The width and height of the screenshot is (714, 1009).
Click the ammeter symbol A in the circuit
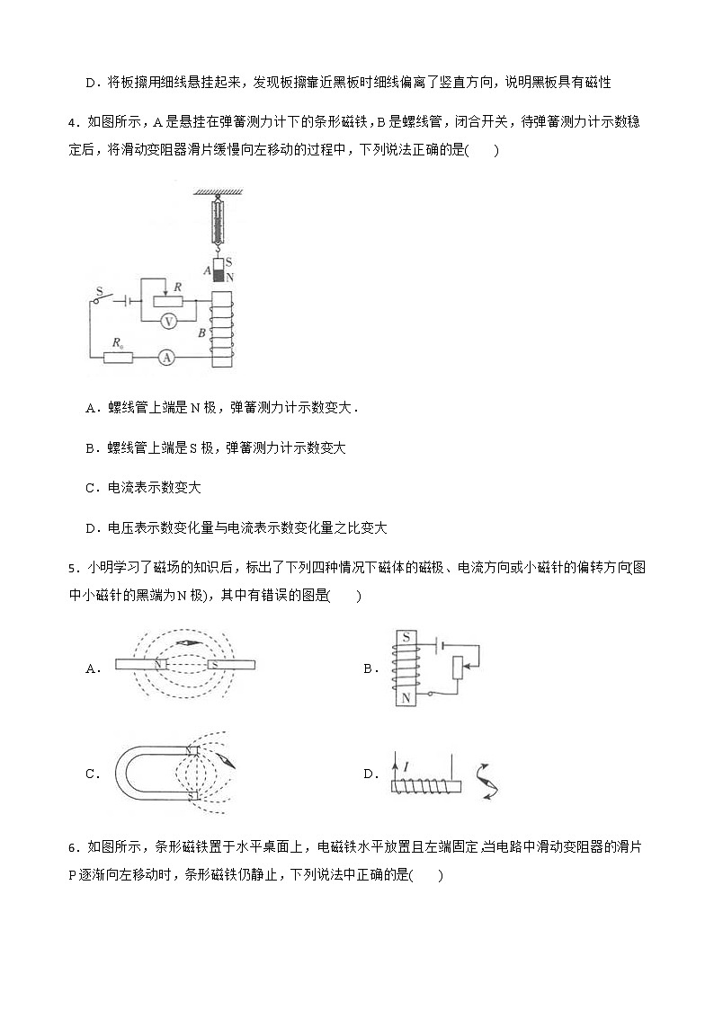165,357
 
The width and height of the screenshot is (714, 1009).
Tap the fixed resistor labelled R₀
117,358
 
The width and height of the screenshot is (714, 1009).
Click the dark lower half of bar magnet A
217,272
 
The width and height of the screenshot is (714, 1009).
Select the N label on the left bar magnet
158,666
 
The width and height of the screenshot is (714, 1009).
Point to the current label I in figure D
406,766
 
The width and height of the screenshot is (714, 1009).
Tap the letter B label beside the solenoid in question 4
202,332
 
